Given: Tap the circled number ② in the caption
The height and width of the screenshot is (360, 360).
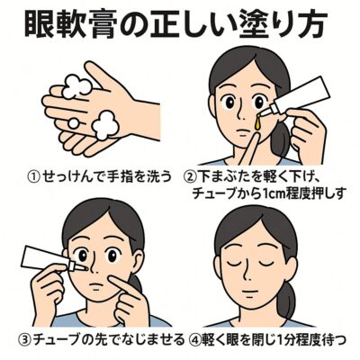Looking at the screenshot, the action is [x=189, y=177].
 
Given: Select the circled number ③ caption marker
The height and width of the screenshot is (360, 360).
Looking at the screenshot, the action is [x=25, y=339].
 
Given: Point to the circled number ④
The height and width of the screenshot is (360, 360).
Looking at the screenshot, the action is [x=195, y=339].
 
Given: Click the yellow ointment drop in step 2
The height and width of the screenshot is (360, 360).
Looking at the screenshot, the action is [x=256, y=122].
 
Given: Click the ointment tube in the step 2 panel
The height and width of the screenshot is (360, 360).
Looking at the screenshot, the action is [x=297, y=96].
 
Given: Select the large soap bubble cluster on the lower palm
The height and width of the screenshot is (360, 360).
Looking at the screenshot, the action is [x=105, y=125].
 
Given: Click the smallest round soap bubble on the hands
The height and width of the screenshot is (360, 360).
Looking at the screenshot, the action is [x=74, y=122].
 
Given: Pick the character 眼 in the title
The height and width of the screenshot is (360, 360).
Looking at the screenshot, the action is [x=40, y=23].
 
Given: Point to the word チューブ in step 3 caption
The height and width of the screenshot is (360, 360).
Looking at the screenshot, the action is [x=56, y=339].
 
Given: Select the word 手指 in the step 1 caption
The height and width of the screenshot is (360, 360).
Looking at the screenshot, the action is [x=119, y=177].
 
